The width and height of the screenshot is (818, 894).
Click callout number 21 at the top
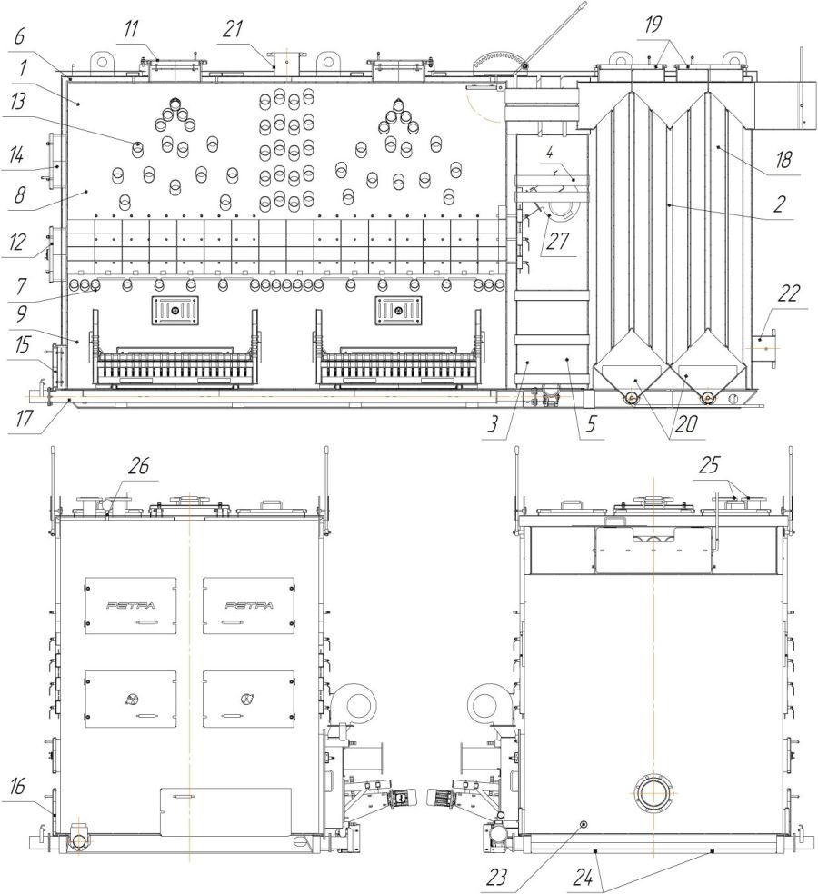(x=233, y=28)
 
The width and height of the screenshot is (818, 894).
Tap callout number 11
(x=132, y=29)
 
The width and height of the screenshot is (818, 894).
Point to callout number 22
(x=787, y=294)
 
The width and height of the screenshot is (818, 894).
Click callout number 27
(x=557, y=241)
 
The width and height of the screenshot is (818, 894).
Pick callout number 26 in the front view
(x=138, y=466)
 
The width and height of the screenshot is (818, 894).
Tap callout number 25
(x=710, y=466)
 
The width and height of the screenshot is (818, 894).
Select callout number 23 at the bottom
(x=497, y=877)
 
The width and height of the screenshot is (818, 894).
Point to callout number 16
(x=17, y=787)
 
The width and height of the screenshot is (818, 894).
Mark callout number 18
(x=783, y=160)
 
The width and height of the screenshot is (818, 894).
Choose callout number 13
(x=17, y=103)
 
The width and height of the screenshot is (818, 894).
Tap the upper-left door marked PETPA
(x=131, y=605)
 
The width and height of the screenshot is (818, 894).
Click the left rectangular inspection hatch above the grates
(x=175, y=310)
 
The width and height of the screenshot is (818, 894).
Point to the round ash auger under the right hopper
(x=707, y=397)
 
